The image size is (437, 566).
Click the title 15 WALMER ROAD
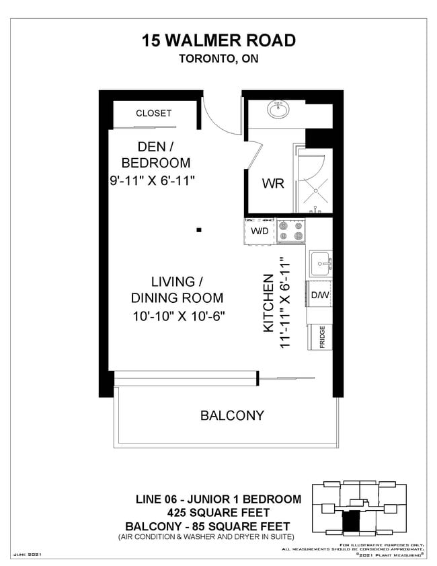click(x=218, y=40)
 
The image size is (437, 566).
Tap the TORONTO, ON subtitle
click(x=218, y=59)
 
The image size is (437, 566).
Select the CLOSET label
click(x=154, y=113)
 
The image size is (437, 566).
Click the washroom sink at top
click(x=278, y=109)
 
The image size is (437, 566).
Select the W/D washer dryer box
click(x=260, y=232)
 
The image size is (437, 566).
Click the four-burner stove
click(x=291, y=232)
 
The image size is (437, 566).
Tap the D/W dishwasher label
click(x=318, y=295)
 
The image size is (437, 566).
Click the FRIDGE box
click(x=322, y=336)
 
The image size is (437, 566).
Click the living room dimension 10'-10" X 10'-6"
click(x=177, y=316)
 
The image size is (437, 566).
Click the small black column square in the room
click(x=199, y=230)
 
